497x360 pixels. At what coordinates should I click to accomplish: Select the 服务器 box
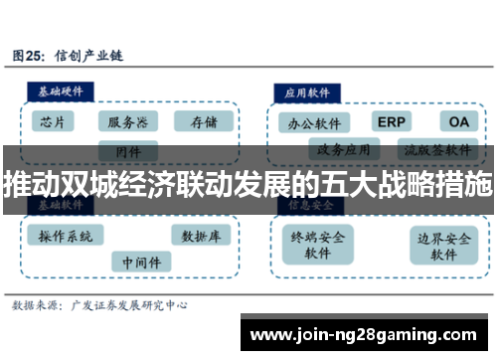(x=128, y=121)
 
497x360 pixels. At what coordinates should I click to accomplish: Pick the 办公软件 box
(x=313, y=123)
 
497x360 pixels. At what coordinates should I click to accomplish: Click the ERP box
(x=392, y=121)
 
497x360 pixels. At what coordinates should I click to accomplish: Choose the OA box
(x=458, y=121)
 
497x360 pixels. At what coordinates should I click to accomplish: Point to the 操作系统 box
(x=67, y=237)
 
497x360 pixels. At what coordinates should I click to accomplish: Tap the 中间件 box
(x=140, y=262)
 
